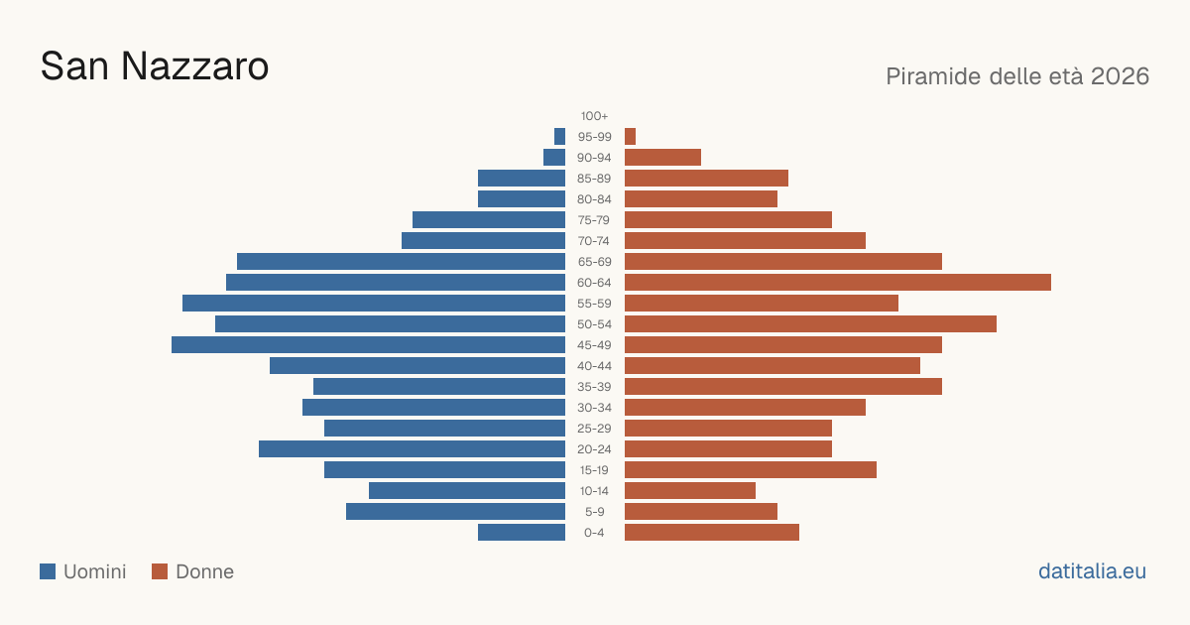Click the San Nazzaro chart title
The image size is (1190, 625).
(155, 66)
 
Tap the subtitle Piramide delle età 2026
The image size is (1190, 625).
(1017, 76)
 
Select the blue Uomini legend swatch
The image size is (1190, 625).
(48, 571)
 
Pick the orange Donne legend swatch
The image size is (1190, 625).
(160, 571)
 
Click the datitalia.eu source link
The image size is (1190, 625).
(1092, 571)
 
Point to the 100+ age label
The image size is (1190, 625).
(594, 116)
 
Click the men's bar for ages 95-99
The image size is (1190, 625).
(559, 137)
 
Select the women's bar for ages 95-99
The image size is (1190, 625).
(630, 137)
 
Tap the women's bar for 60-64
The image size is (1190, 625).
(838, 282)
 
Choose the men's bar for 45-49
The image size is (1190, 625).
(368, 345)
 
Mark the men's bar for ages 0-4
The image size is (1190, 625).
(522, 533)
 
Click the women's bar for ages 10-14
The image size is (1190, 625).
(690, 490)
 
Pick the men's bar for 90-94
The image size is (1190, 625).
(554, 158)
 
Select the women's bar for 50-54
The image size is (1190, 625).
(811, 324)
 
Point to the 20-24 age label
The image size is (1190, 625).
(594, 449)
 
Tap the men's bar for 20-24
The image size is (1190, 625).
(412, 449)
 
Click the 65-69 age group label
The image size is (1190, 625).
(594, 262)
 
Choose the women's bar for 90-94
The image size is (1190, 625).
(663, 158)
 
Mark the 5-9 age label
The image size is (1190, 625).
(594, 512)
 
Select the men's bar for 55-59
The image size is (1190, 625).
(374, 303)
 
